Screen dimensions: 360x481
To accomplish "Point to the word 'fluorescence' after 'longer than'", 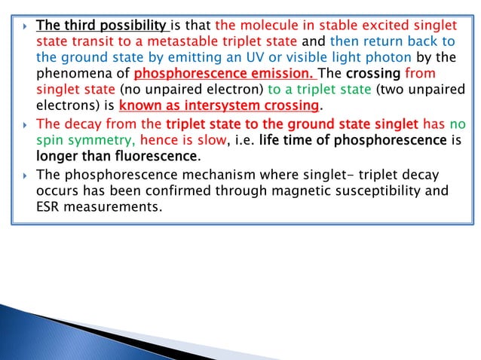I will (160, 157).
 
